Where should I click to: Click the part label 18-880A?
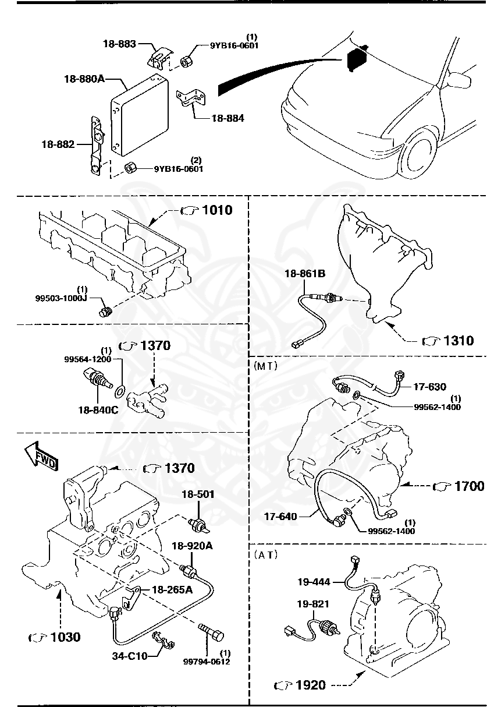pos(84,78)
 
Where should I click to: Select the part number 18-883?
pos(119,44)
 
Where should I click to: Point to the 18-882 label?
pos(58,144)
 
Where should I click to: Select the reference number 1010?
pos(216,210)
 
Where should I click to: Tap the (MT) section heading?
pos(265,366)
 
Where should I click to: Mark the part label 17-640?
pos(280,516)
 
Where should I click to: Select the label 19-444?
pos(314,581)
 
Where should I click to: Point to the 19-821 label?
pos(314,604)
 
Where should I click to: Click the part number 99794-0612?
pos(207,662)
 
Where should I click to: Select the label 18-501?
pos(197,494)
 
